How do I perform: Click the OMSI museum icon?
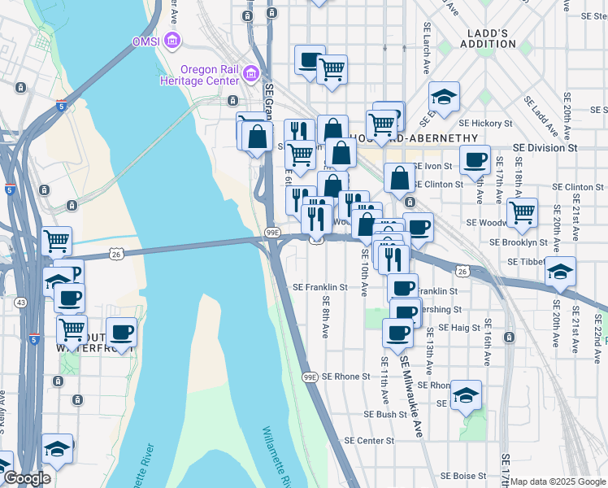(172, 40)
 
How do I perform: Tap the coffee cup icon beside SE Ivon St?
(476, 160)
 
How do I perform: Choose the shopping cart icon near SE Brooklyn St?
(522, 213)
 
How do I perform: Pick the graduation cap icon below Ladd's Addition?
(444, 97)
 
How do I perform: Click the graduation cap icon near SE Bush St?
(466, 395)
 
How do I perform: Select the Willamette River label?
(276, 455)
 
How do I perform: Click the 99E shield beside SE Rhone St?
(310, 377)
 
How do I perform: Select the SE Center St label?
(369, 440)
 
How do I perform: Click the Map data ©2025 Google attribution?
(558, 481)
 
